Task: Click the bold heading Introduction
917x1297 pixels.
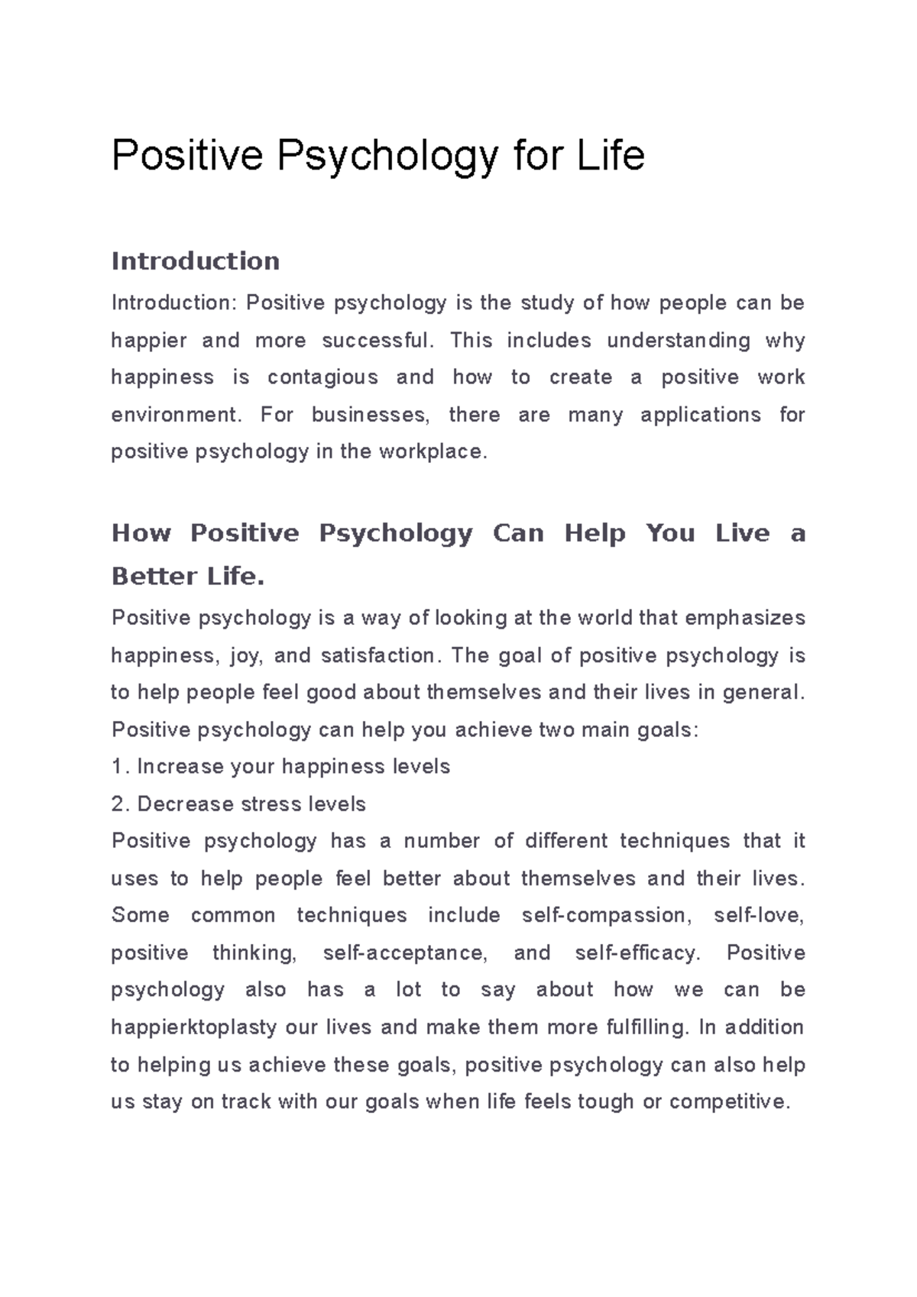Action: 196,261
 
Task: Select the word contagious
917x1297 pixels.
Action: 322,377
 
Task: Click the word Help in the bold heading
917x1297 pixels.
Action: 595,533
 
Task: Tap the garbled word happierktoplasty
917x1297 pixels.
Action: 193,1027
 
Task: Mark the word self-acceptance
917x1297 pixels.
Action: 404,953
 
